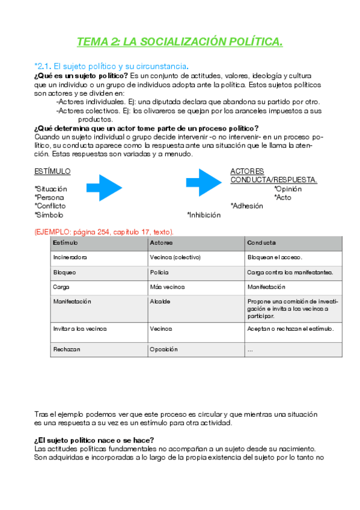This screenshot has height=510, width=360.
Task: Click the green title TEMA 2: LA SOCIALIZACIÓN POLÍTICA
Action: [180, 41]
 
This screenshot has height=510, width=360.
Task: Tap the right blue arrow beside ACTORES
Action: [204, 182]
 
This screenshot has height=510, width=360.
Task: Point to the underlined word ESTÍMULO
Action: [52, 171]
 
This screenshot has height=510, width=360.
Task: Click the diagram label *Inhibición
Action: [204, 215]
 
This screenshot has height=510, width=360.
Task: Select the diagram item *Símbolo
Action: [49, 215]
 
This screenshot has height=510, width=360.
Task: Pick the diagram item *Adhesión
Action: [246, 206]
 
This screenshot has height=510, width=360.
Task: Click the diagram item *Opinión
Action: [288, 189]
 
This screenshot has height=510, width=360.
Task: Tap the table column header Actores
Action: [160, 243]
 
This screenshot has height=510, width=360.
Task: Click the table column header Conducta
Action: [261, 243]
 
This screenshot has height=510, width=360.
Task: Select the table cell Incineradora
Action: [70, 257]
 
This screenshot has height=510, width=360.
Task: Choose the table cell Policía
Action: [160, 272]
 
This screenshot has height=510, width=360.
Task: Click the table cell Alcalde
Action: [160, 301]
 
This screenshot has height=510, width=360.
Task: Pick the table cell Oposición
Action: [163, 349]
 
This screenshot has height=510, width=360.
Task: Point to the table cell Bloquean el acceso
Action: [275, 257]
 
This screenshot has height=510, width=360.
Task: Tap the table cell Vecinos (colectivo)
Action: [175, 257]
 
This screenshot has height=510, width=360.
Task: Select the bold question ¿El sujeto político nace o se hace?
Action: [94, 441]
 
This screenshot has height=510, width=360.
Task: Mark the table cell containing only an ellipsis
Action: [251, 349]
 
